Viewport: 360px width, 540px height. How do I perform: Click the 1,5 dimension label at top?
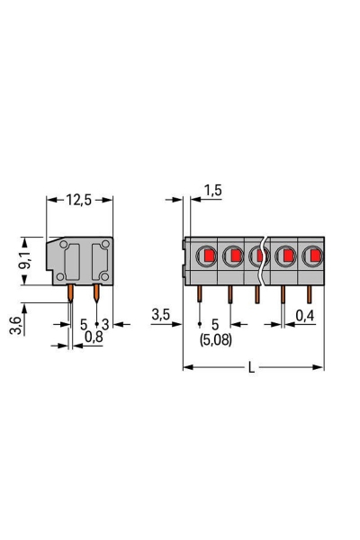point(213,190)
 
